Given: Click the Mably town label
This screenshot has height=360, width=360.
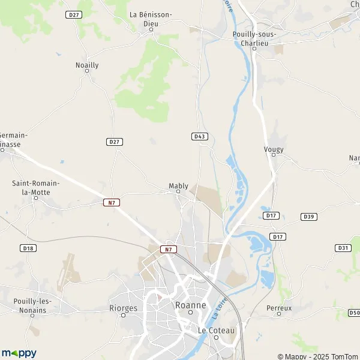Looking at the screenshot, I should (178, 185).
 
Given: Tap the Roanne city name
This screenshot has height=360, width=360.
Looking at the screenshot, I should (190, 305).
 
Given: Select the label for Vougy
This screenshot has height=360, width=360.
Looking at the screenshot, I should (273, 149).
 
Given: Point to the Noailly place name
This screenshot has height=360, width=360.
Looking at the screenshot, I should (87, 65).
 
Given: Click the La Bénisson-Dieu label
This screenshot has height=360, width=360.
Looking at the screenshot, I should (151, 19).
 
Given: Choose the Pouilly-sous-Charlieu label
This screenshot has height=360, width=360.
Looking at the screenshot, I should (254, 38).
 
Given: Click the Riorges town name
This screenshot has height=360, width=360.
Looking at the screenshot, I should (124, 308).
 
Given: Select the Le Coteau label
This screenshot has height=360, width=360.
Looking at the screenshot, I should (217, 330).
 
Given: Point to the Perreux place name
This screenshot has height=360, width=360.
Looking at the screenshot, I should (279, 308).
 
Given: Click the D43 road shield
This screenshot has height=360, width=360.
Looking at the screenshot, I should (200, 137).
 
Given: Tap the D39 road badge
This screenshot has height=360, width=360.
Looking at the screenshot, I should (309, 217).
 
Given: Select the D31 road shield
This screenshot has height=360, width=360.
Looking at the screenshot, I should (343, 248).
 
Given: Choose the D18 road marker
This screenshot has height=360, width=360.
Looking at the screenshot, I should (28, 248).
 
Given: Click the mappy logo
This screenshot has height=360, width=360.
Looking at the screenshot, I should (19, 353).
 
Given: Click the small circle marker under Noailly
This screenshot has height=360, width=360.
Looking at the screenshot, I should (87, 71).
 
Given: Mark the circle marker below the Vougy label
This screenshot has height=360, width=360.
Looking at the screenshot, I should (273, 155).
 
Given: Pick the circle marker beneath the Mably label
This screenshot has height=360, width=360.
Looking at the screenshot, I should (178, 192).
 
